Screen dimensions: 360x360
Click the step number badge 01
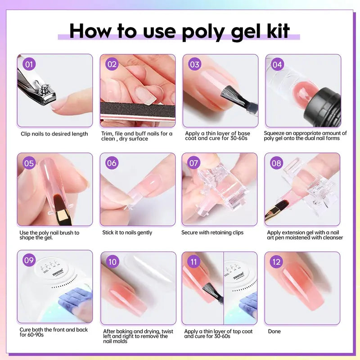pyautogui.click(x=29, y=64)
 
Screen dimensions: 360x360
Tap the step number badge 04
pyautogui.click(x=277, y=64)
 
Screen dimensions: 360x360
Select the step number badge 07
pyautogui.click(x=194, y=163)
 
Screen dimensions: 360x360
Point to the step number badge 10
pyautogui.click(x=112, y=261)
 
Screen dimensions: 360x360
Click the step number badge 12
pyautogui.click(x=276, y=261)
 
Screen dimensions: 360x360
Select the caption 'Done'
pyautogui.click(x=274, y=332)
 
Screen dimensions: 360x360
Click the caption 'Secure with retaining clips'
pyautogui.click(x=212, y=233)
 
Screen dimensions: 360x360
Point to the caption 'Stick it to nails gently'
pyautogui.click(x=127, y=233)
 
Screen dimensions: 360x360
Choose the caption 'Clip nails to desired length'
pyautogui.click(x=54, y=134)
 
